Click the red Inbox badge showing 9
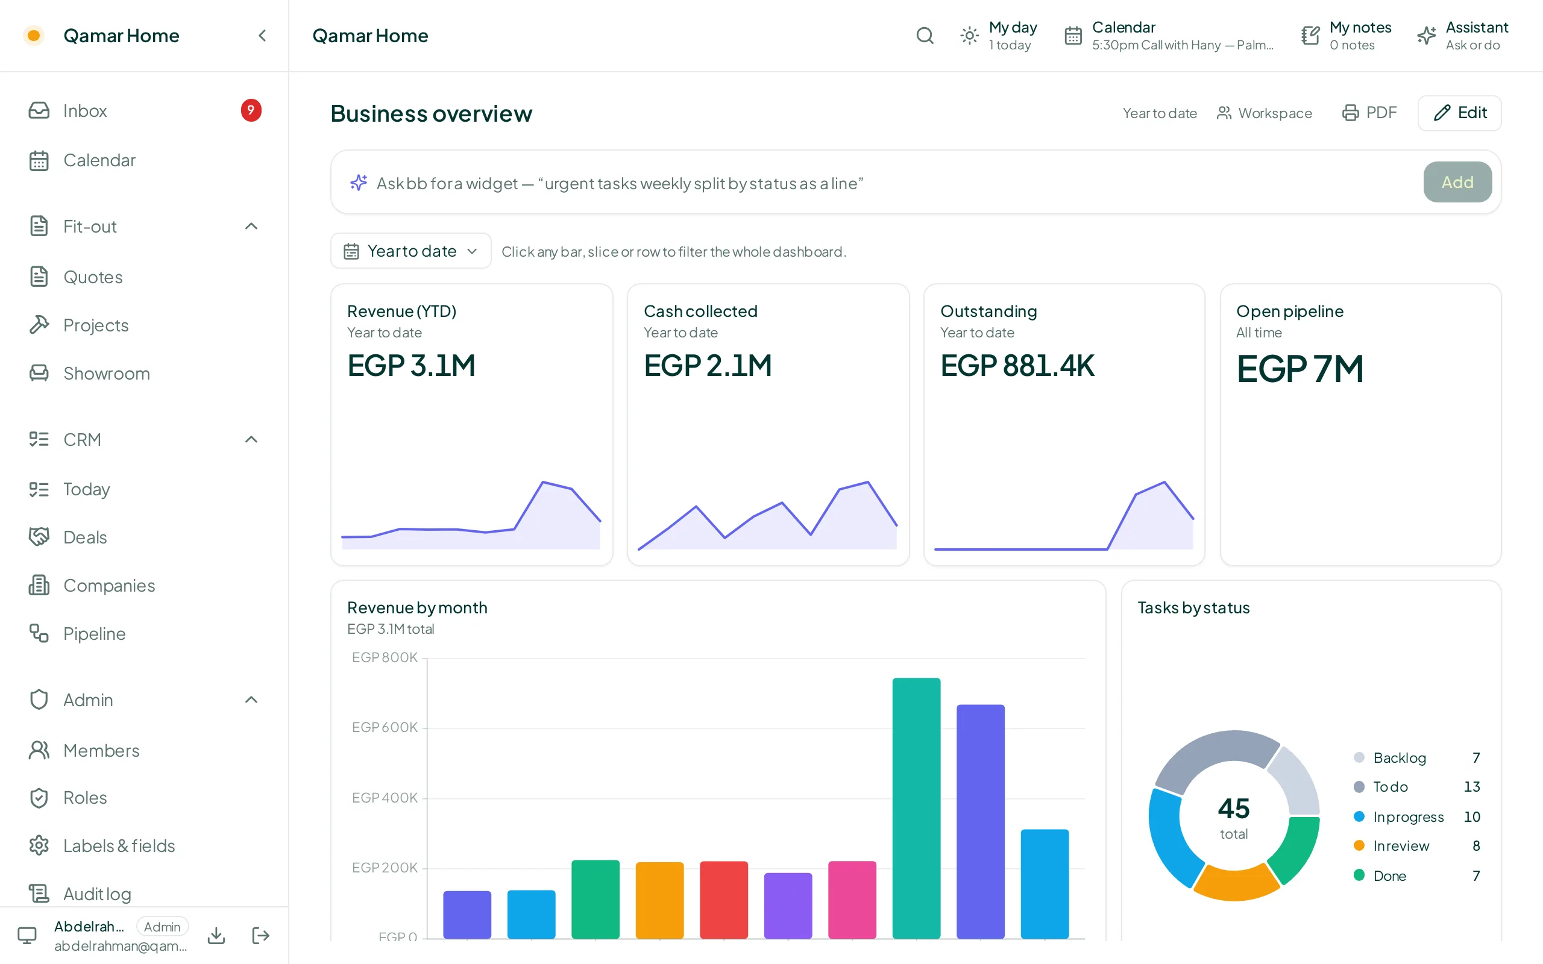coord(251,110)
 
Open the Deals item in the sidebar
coord(85,537)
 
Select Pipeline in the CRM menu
coord(94,633)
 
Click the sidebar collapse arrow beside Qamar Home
coord(262,36)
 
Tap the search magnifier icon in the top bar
coord(925,36)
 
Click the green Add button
coord(1457,183)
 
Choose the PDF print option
coord(1369,113)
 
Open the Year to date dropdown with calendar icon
coord(410,251)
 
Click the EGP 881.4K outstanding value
coord(1017,365)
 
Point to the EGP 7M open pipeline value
coord(1299,369)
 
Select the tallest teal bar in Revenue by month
coord(916,808)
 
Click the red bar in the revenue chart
coord(724,900)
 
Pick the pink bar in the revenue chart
coord(852,900)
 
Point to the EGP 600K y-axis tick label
coord(385,727)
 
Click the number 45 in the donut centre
coord(1234,808)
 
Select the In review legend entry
coord(1401,845)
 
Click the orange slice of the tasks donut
coord(1236,883)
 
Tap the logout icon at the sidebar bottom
coord(260,935)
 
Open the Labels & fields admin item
coord(119,845)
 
